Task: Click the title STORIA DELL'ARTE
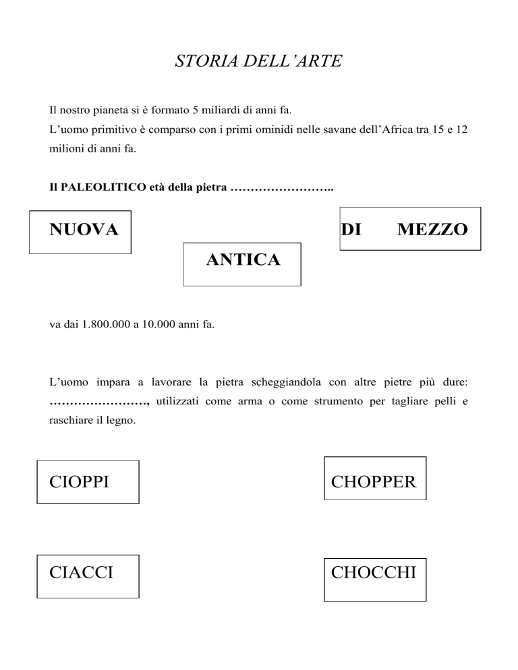coord(258,63)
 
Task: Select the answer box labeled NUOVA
coord(80,231)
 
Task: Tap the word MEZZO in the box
coord(432,230)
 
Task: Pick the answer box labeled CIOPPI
coord(88,482)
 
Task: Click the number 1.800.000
coord(105,325)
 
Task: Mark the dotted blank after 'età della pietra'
coord(282,187)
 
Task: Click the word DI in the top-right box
coord(351,230)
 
